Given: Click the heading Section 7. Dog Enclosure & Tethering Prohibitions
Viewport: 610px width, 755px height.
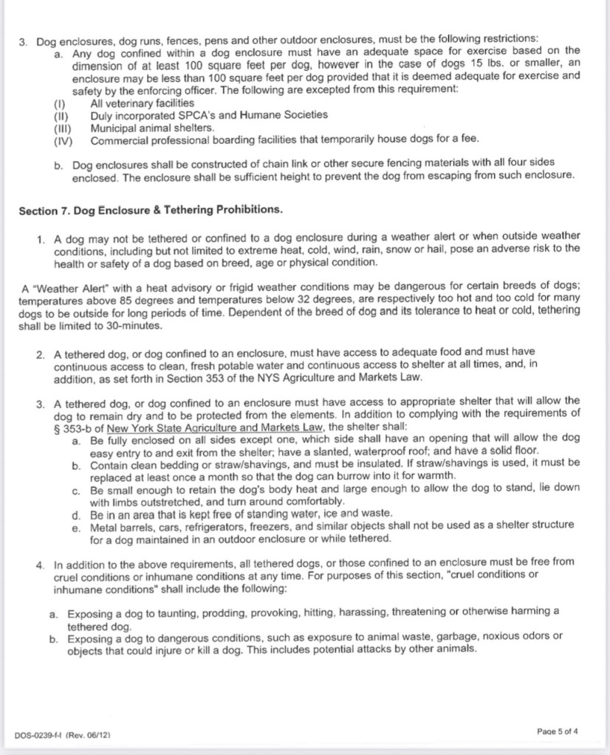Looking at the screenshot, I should coord(150,210).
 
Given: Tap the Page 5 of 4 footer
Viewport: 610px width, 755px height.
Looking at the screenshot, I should coord(557,731).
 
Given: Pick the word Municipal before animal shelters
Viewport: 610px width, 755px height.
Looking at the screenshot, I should coord(115,127).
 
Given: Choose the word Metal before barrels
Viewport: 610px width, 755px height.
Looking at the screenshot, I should coord(105,525).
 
